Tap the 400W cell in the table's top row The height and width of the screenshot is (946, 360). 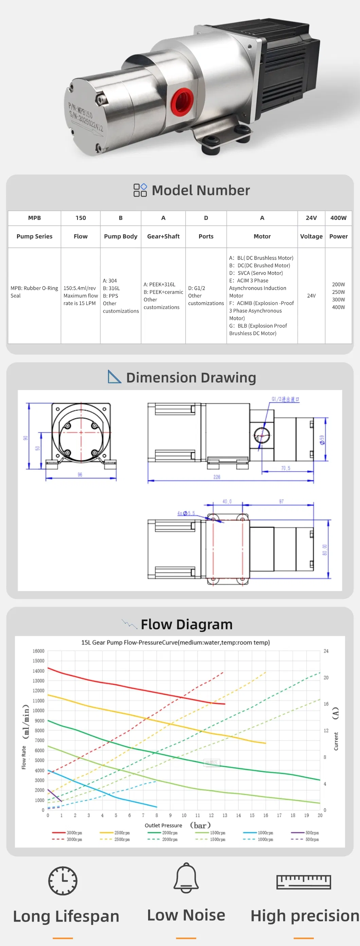pyautogui.click(x=338, y=218)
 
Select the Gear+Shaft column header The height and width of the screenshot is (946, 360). pyautogui.click(x=163, y=236)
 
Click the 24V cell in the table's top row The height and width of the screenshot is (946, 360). pyautogui.click(x=311, y=218)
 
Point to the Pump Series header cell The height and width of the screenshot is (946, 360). pyautogui.click(x=34, y=236)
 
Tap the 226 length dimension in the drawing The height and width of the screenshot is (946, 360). pyautogui.click(x=217, y=477)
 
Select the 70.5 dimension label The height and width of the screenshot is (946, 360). pyautogui.click(x=285, y=468)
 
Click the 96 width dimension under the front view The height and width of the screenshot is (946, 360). pyautogui.click(x=80, y=475)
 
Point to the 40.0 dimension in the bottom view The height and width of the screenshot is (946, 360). pyautogui.click(x=227, y=501)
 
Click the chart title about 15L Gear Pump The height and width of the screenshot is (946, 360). pyautogui.click(x=175, y=642)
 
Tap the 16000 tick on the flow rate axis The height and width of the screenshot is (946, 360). pyautogui.click(x=38, y=651)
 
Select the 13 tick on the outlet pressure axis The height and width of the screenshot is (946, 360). pyautogui.click(x=225, y=815)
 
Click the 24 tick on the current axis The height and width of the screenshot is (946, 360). pyautogui.click(x=326, y=651)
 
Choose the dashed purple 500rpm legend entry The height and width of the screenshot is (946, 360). pyautogui.click(x=305, y=839)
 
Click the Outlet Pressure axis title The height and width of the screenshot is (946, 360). pyautogui.click(x=163, y=825)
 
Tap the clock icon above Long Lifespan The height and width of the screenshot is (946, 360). pyautogui.click(x=63, y=880)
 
